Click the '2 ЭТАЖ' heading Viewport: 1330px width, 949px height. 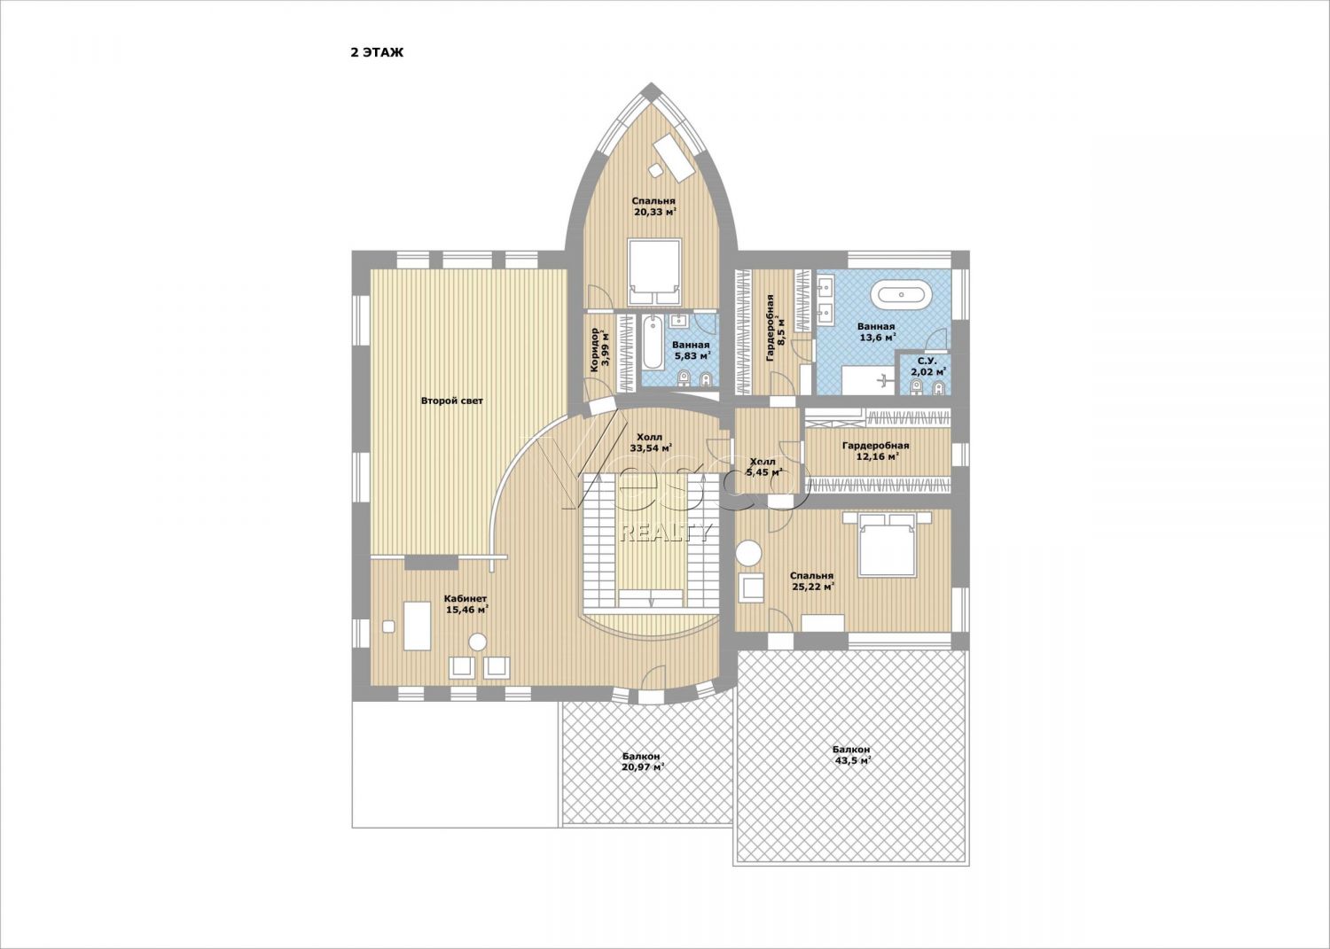pos(377,53)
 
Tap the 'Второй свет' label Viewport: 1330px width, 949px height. pos(452,401)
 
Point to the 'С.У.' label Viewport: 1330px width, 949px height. pos(927,361)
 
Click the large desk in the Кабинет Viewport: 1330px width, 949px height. pos(418,626)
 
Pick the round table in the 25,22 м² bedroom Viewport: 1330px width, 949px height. pos(748,553)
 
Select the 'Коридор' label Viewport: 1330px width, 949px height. pos(594,352)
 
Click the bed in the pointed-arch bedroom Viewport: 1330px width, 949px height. pos(654,272)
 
